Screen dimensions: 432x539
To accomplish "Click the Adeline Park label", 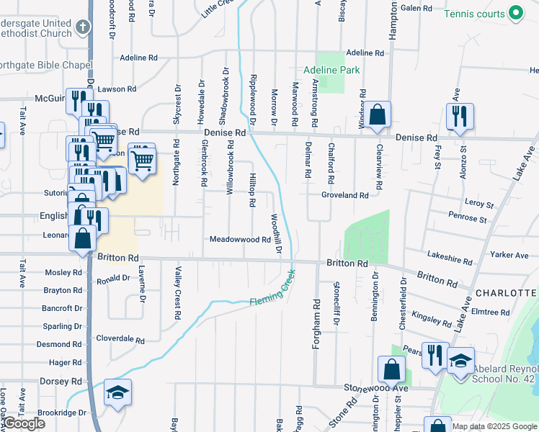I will pyautogui.click(x=331, y=70).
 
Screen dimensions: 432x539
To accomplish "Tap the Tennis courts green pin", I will pyautogui.click(x=516, y=13).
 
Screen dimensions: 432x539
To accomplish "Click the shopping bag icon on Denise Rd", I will pyautogui.click(x=377, y=115).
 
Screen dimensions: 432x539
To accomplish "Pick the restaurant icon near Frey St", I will pyautogui.click(x=459, y=117).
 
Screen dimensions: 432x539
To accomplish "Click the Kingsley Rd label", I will pyautogui.click(x=431, y=315).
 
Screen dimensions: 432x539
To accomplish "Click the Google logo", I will pyautogui.click(x=24, y=424).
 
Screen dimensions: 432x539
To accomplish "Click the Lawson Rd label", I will pyautogui.click(x=118, y=89).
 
